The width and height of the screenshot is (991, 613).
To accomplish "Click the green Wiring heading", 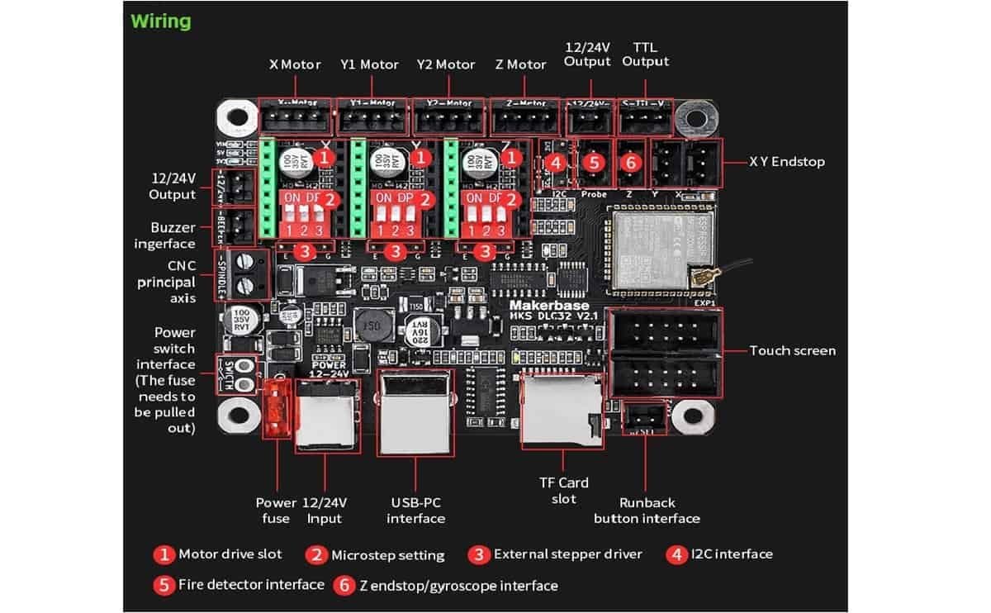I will [160, 21].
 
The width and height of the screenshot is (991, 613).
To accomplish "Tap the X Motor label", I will [295, 64].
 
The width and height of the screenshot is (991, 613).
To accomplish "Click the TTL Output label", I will [646, 54].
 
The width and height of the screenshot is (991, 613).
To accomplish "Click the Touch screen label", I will [792, 350].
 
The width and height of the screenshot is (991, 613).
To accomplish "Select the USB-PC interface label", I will [415, 511].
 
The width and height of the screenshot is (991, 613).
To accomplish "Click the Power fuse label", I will [275, 511].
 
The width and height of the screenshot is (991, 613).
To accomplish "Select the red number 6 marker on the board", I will [630, 163].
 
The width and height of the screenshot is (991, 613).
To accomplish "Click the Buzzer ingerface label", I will [173, 235].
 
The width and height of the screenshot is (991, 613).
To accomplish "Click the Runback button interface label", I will [647, 511].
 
